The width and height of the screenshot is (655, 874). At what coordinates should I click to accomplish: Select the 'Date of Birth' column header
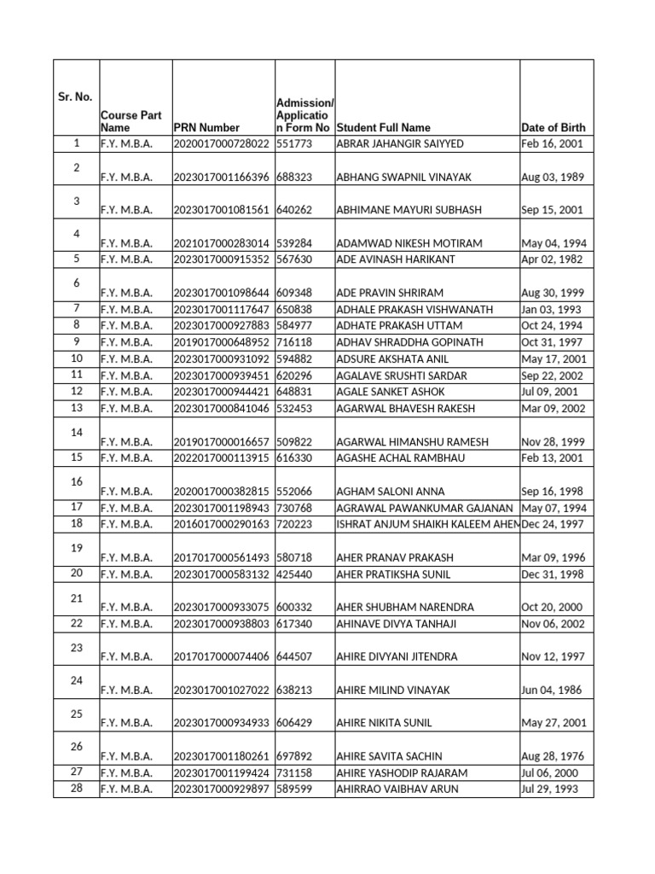click(553, 127)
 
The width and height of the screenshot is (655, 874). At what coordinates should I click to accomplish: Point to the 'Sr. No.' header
click(76, 97)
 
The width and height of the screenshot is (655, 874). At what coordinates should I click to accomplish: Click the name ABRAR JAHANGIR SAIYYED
click(400, 144)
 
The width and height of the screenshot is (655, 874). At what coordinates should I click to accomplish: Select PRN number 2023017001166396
click(221, 178)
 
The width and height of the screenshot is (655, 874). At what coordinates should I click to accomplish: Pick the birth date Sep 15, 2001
click(552, 210)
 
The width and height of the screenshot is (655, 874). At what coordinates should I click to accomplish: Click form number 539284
click(294, 243)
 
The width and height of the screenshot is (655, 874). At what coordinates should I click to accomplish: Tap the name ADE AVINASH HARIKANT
click(396, 259)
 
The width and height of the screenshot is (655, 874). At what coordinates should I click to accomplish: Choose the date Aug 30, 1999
click(552, 293)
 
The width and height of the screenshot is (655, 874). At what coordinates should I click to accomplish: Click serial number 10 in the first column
click(77, 358)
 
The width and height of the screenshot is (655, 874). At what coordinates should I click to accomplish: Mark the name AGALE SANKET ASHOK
click(391, 392)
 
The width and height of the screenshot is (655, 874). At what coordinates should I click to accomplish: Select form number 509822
click(294, 442)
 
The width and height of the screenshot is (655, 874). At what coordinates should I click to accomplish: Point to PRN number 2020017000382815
click(221, 492)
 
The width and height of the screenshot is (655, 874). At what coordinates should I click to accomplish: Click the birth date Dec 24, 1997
click(552, 524)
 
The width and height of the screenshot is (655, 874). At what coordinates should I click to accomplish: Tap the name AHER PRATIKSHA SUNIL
click(394, 574)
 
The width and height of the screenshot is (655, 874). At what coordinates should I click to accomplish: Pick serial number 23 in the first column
click(77, 648)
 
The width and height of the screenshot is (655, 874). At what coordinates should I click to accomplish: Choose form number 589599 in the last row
click(294, 790)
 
